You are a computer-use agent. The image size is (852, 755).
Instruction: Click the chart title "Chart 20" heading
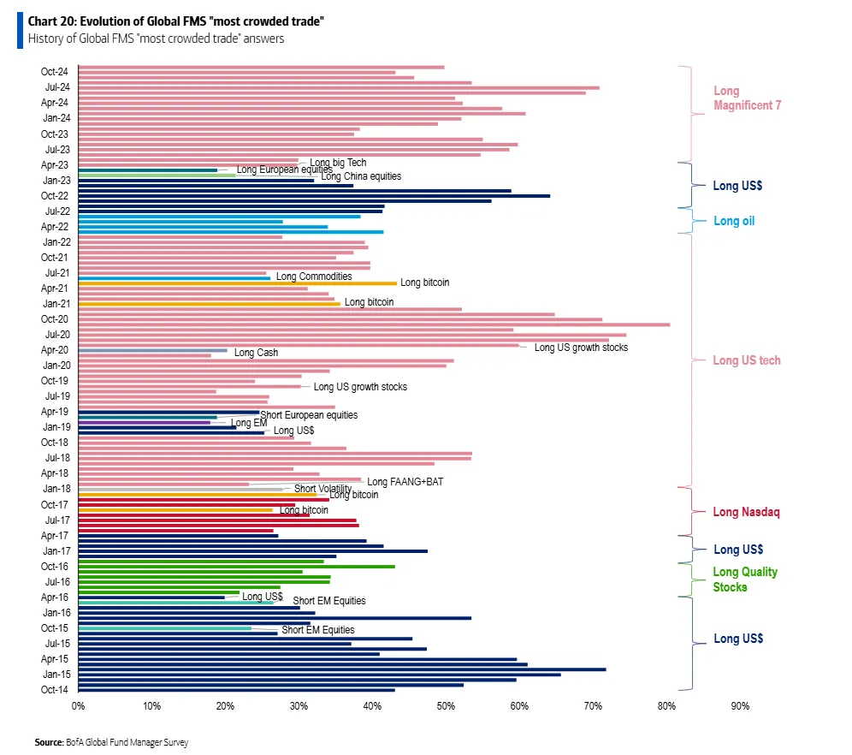[x=175, y=20]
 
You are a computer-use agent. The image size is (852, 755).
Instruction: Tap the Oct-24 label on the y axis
[x=55, y=71]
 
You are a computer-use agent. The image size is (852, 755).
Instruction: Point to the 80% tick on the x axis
[x=666, y=706]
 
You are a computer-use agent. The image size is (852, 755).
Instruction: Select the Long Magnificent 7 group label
[x=747, y=98]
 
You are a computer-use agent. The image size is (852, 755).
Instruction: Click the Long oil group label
[x=734, y=221]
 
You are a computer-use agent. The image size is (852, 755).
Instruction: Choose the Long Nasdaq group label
[x=746, y=512]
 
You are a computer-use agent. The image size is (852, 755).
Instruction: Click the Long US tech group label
[x=746, y=360]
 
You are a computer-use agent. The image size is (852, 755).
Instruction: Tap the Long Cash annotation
[x=256, y=353]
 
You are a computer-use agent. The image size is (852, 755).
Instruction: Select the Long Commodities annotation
[x=314, y=276]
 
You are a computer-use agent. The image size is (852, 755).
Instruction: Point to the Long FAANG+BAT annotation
[x=405, y=482]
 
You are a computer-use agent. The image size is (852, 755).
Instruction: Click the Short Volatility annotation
[x=322, y=489]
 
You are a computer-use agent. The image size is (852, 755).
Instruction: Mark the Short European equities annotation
[x=309, y=415]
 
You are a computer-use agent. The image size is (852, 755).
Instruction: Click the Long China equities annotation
[x=360, y=176]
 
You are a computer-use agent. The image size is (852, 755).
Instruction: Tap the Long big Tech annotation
[x=338, y=163]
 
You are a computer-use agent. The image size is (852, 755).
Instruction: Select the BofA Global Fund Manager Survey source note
[x=111, y=742]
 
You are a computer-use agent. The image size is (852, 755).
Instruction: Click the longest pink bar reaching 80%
[x=374, y=324]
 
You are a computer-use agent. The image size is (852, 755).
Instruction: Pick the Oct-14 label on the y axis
[x=55, y=689]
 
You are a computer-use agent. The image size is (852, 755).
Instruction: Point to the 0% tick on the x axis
[x=78, y=706]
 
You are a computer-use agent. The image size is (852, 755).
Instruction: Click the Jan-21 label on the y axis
[x=55, y=303]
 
